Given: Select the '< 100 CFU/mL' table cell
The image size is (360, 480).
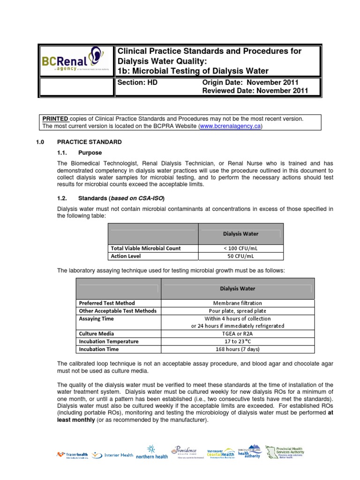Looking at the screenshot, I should click(x=240, y=248).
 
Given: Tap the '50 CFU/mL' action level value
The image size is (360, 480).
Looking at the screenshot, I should click(x=240, y=256).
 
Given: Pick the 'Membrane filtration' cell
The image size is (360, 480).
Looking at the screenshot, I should click(x=238, y=303).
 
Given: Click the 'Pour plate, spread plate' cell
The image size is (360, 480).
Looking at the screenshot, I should click(x=238, y=311).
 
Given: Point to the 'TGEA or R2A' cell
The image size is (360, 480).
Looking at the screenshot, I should click(x=238, y=334).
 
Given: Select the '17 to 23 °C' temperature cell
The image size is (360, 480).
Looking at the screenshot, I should click(x=238, y=341).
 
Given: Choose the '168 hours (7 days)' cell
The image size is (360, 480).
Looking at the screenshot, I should click(x=238, y=349).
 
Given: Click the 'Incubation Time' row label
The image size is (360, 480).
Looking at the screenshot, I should click(x=99, y=349).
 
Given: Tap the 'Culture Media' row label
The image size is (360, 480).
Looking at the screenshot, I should click(x=95, y=334).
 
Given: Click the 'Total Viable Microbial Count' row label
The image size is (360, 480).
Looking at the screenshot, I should click(x=145, y=248).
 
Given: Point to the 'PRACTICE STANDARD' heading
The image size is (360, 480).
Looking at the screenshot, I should click(x=89, y=142).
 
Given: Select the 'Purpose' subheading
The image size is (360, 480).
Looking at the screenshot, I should click(x=90, y=153).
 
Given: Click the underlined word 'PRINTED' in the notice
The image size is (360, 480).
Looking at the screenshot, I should click(x=55, y=119).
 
